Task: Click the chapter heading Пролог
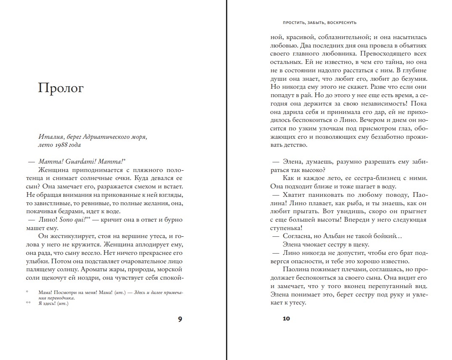[61, 88]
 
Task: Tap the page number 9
[180, 319]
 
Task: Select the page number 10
[286, 319]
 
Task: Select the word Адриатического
[105, 136]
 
